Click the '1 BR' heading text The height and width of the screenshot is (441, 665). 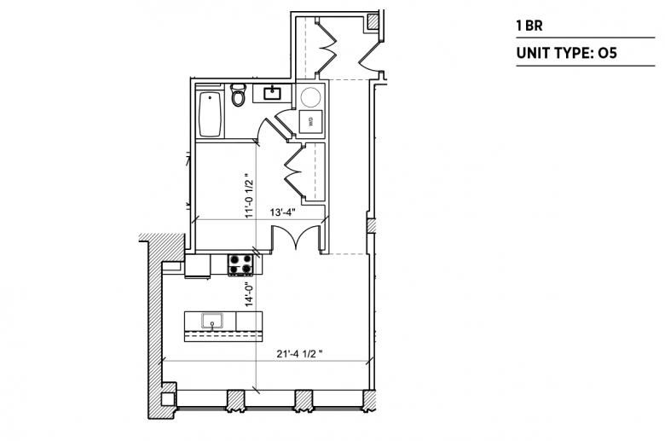529,26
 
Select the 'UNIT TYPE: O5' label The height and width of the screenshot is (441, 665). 566,53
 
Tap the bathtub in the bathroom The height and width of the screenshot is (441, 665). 210,114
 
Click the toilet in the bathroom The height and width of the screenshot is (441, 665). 238,95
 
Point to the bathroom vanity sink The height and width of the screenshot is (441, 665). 272,92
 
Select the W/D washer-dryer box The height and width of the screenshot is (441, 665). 310,121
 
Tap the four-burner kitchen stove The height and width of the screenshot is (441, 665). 240,264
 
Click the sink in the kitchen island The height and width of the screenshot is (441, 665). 212,321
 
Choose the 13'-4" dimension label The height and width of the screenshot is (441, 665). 282,212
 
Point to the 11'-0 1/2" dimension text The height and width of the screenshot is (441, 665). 250,195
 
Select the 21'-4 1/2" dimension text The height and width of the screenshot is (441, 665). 299,353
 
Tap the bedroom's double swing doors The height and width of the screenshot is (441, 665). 296,237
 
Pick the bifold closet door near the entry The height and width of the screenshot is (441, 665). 327,46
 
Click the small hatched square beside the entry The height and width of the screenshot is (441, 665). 373,21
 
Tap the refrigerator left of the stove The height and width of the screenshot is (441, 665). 198,265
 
